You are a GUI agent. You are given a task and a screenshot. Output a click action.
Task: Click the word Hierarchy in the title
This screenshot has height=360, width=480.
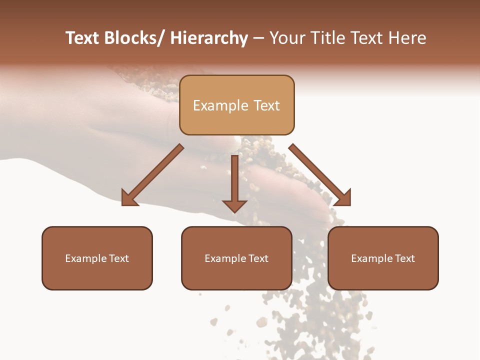209,38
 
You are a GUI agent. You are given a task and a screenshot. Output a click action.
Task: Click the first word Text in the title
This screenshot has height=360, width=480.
82,38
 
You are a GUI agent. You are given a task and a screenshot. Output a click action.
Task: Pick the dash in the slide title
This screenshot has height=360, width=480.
258,38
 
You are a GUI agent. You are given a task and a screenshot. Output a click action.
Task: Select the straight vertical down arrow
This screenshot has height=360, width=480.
234,180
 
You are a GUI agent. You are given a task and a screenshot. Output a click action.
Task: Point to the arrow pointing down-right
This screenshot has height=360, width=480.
320,175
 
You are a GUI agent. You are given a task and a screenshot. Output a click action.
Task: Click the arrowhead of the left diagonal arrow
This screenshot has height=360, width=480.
129,198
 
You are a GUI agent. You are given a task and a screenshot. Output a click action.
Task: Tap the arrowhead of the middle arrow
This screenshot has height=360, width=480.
234,205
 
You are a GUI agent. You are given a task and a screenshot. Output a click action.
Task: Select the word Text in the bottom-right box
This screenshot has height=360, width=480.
405,258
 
